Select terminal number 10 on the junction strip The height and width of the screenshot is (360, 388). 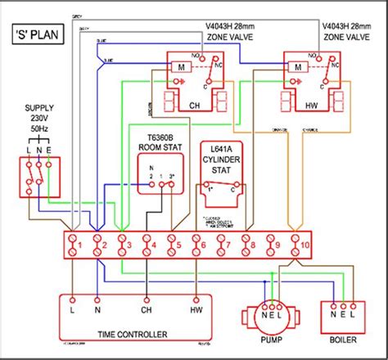click(303, 243)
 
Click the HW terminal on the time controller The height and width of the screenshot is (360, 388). click(196, 311)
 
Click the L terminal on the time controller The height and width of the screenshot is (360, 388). click(73, 311)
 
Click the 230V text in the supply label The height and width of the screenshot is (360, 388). click(39, 118)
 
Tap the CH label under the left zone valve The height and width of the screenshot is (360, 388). click(194, 106)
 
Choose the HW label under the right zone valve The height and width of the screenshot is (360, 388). click(310, 106)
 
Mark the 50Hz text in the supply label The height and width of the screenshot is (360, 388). click(39, 129)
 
